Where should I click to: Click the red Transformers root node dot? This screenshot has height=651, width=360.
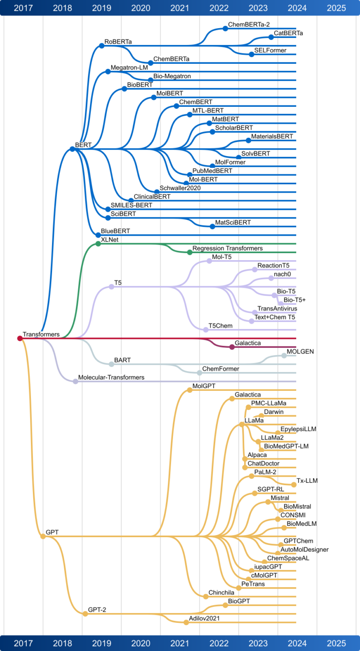click(x=20, y=338)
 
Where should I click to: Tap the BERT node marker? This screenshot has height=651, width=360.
click(x=72, y=149)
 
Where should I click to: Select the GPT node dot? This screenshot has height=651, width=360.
click(x=43, y=536)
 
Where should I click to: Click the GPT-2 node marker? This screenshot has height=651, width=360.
click(x=85, y=614)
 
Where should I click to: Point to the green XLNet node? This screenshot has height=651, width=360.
click(x=98, y=244)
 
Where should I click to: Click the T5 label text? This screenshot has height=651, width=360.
click(x=118, y=283)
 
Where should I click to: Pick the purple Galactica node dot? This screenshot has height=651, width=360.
click(x=232, y=347)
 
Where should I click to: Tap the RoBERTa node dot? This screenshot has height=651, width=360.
click(x=102, y=45)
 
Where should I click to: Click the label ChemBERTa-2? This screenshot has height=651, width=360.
click(x=249, y=25)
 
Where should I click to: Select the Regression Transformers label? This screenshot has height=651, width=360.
click(x=227, y=248)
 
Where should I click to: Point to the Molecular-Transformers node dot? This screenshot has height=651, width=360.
click(x=75, y=382)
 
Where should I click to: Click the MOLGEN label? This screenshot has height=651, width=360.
click(x=300, y=352)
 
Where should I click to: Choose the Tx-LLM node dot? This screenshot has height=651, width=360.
click(x=294, y=485)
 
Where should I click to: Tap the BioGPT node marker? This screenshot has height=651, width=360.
click(x=225, y=605)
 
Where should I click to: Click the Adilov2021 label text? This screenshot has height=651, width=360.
click(x=204, y=619)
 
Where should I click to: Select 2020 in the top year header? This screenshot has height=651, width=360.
click(x=141, y=8)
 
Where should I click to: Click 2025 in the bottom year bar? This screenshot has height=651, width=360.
click(x=336, y=644)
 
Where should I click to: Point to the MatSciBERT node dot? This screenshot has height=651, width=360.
click(x=212, y=227)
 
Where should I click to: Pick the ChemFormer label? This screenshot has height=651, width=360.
click(x=220, y=369)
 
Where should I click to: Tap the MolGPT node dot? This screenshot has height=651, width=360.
click(x=189, y=390)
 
